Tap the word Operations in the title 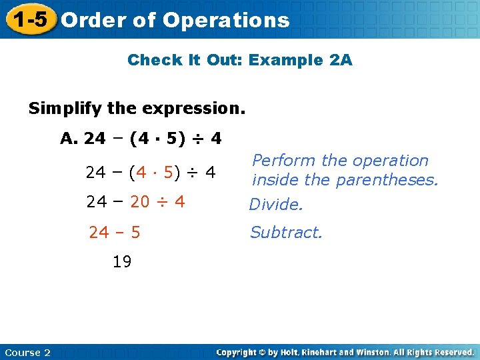pos(226,21)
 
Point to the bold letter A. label pos(70,139)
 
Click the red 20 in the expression pos(140,201)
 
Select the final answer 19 pos(122,262)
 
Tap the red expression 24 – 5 pos(115,233)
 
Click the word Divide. pos(276,205)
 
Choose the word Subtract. pos(286,233)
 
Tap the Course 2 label pos(27,352)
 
